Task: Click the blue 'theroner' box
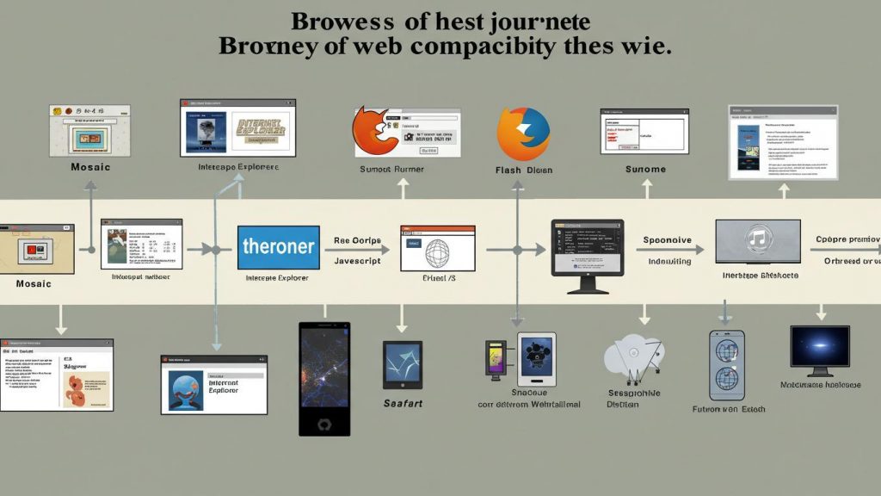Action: [278, 247]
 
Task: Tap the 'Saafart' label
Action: [402, 403]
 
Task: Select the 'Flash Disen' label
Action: [524, 170]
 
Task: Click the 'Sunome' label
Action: [645, 170]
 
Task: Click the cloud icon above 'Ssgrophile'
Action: [633, 358]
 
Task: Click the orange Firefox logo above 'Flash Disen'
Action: [523, 133]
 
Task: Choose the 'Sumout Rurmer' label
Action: [397, 170]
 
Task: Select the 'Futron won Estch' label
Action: [728, 410]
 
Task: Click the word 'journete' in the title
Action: [542, 20]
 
